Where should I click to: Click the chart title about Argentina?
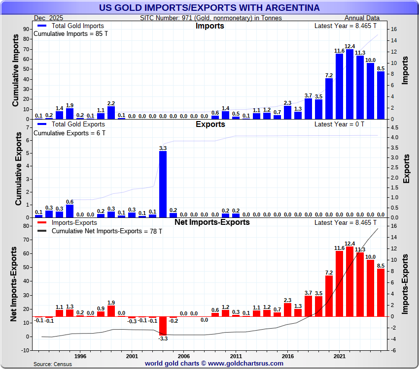coord(209,8)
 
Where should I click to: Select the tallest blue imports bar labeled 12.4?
coord(349,84)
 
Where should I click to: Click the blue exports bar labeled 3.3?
coord(163,184)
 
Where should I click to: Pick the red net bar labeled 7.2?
coord(329,296)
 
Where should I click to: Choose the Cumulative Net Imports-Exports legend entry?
coord(106,231)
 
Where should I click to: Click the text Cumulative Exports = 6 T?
coord(69,133)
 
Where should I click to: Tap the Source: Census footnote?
coord(52,364)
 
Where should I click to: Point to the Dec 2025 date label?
coord(49,18)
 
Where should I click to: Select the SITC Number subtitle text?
coord(211,18)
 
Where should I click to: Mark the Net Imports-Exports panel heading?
coord(212,222)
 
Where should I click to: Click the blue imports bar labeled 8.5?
coord(381,95)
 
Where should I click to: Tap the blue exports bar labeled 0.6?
coord(70,211)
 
